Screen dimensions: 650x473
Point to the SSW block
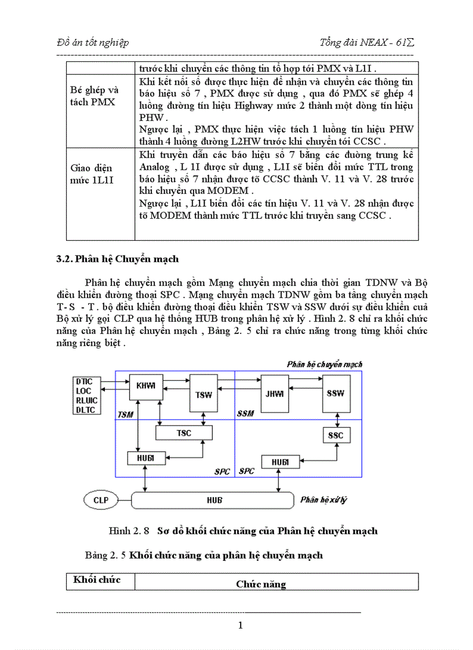pyautogui.click(x=335, y=394)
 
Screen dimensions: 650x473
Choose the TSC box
pyautogui.click(x=184, y=432)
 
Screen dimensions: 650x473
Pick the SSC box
pyautogui.click(x=336, y=435)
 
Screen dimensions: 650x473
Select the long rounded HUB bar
pyautogui.click(x=214, y=500)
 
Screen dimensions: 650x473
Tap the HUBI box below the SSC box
pyautogui.click(x=275, y=462)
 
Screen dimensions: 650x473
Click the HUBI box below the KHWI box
pyautogui.click(x=142, y=458)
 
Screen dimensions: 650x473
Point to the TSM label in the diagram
pyautogui.click(x=126, y=414)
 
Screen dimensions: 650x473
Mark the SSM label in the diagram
pyautogui.click(x=245, y=414)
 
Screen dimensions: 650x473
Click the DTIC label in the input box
pyautogui.click(x=88, y=381)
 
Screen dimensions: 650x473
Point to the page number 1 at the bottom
pyautogui.click(x=241, y=625)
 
